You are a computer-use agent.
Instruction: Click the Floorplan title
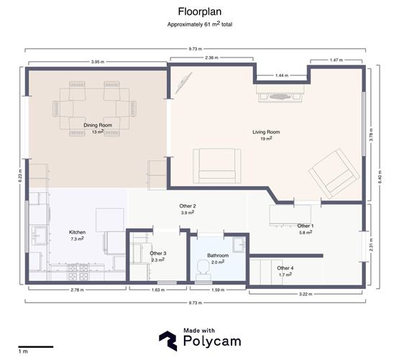(x=200, y=11)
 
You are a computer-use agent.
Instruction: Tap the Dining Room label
(x=98, y=125)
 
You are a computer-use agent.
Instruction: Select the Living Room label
(x=266, y=132)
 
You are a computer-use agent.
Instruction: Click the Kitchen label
(x=78, y=232)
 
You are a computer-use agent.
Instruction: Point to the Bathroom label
(x=218, y=255)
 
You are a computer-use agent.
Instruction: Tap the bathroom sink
(x=239, y=244)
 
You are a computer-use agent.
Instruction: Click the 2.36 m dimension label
(x=211, y=57)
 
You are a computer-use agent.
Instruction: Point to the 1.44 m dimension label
(x=282, y=75)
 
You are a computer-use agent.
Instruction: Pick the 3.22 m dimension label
(x=306, y=294)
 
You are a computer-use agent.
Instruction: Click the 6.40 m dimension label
(x=380, y=177)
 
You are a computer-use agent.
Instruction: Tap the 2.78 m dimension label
(x=77, y=290)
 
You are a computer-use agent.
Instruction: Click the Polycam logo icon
(x=168, y=341)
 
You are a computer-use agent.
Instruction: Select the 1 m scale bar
(x=36, y=347)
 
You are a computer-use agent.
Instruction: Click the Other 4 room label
(x=285, y=268)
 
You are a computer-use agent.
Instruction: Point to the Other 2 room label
(x=188, y=206)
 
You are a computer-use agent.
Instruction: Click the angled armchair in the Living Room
(x=334, y=173)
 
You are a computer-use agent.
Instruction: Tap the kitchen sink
(x=39, y=236)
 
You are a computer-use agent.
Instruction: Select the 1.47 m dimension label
(x=336, y=60)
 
